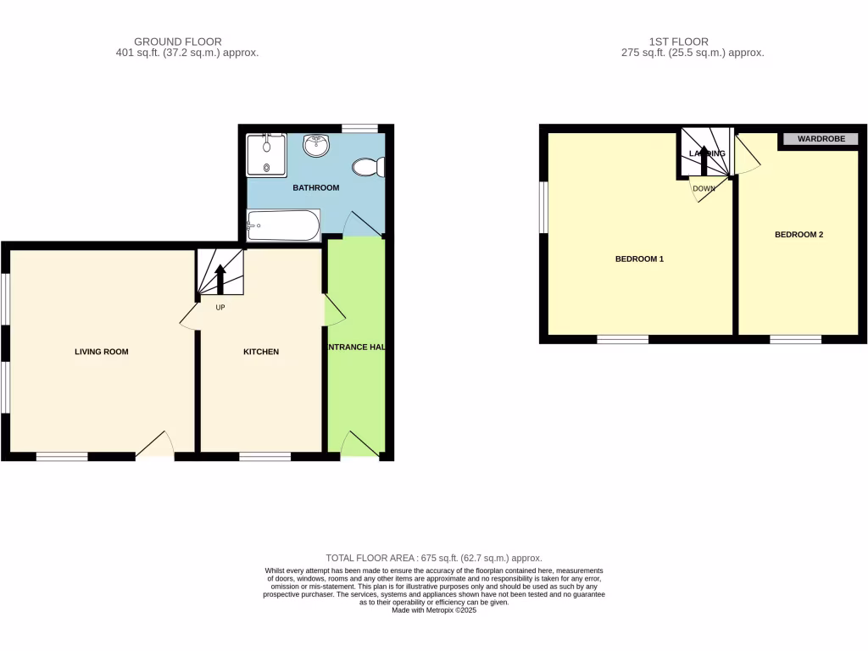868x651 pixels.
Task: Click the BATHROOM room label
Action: [x=315, y=187]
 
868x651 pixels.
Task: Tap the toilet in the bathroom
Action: [x=369, y=168]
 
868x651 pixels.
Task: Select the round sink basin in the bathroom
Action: [x=317, y=146]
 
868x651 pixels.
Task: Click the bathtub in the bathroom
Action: [x=282, y=225]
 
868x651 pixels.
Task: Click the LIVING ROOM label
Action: [x=101, y=352]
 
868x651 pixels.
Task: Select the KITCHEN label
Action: [x=261, y=352]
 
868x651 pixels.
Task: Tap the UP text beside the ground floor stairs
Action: [x=220, y=307]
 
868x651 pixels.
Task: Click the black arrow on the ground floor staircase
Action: [x=220, y=279]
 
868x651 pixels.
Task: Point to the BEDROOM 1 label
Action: [x=638, y=259]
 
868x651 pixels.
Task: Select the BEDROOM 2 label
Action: [x=798, y=235]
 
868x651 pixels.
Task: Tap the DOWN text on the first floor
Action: [x=704, y=189]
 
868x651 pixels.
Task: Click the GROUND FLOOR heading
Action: [x=178, y=41]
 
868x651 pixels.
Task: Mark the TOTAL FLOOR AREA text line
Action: [x=434, y=558]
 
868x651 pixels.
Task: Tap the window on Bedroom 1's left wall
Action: [x=544, y=206]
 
